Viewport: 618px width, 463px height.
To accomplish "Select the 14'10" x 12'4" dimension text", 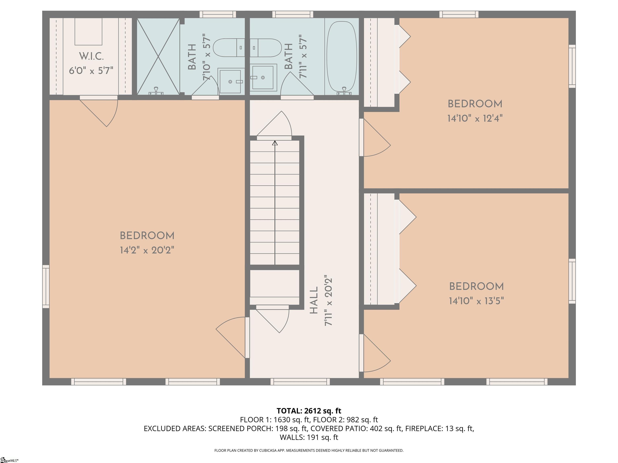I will coord(475,119).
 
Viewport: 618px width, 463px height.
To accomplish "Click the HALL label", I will coord(314,300).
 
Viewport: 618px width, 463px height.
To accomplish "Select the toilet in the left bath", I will coord(229,48).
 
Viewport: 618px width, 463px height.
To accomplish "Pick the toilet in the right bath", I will coord(265,48).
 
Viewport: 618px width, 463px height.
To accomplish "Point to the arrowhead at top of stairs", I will coord(275,143).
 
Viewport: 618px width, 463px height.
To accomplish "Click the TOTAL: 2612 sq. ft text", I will coord(309,411).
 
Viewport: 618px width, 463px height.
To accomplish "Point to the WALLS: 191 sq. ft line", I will coord(309,437).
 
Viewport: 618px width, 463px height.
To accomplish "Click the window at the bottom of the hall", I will coord(300,381).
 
